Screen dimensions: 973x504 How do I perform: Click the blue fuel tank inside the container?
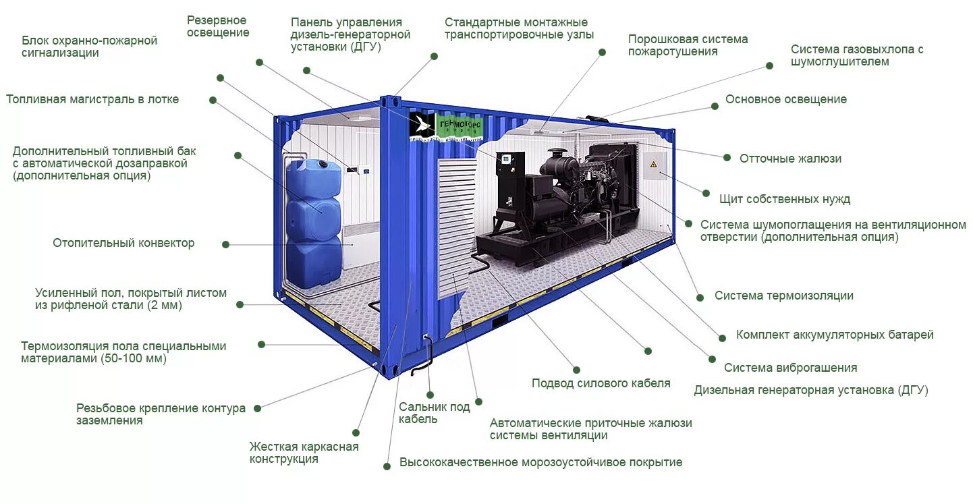pos(313,223)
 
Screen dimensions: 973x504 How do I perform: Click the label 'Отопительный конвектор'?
pos(123,243)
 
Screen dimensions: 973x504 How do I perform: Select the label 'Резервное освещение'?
pos(218,26)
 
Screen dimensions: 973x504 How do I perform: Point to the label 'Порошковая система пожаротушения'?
pos(688,45)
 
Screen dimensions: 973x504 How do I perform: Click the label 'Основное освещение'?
pos(785,100)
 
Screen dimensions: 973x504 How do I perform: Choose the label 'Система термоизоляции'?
pos(783,296)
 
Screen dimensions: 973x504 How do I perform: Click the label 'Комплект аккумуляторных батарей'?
pos(835,335)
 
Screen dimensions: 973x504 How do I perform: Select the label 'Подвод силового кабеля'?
pos(601,383)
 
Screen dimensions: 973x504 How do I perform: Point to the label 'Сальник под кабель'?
pos(434,412)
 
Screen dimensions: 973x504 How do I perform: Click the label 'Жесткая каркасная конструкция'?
pos(304,453)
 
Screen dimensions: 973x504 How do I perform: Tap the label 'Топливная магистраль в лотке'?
pos(93,100)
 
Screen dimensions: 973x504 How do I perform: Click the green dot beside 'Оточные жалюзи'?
pos(727,158)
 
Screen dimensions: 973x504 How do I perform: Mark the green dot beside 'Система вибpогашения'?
pos(711,360)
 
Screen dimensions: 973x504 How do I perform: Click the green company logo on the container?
pos(448,126)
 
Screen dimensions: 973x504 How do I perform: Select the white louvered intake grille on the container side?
pos(456,226)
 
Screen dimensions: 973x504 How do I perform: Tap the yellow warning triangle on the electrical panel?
pos(653,165)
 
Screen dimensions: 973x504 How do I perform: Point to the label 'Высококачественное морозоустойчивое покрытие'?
pos(540,463)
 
